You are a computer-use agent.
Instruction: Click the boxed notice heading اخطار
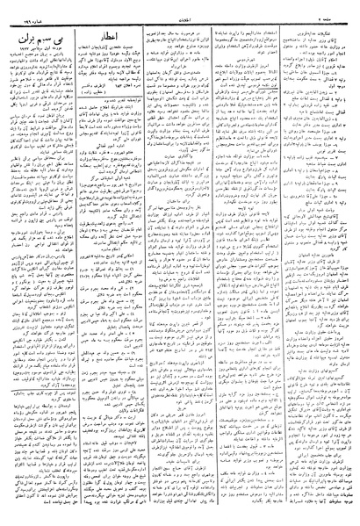tap(109, 36)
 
